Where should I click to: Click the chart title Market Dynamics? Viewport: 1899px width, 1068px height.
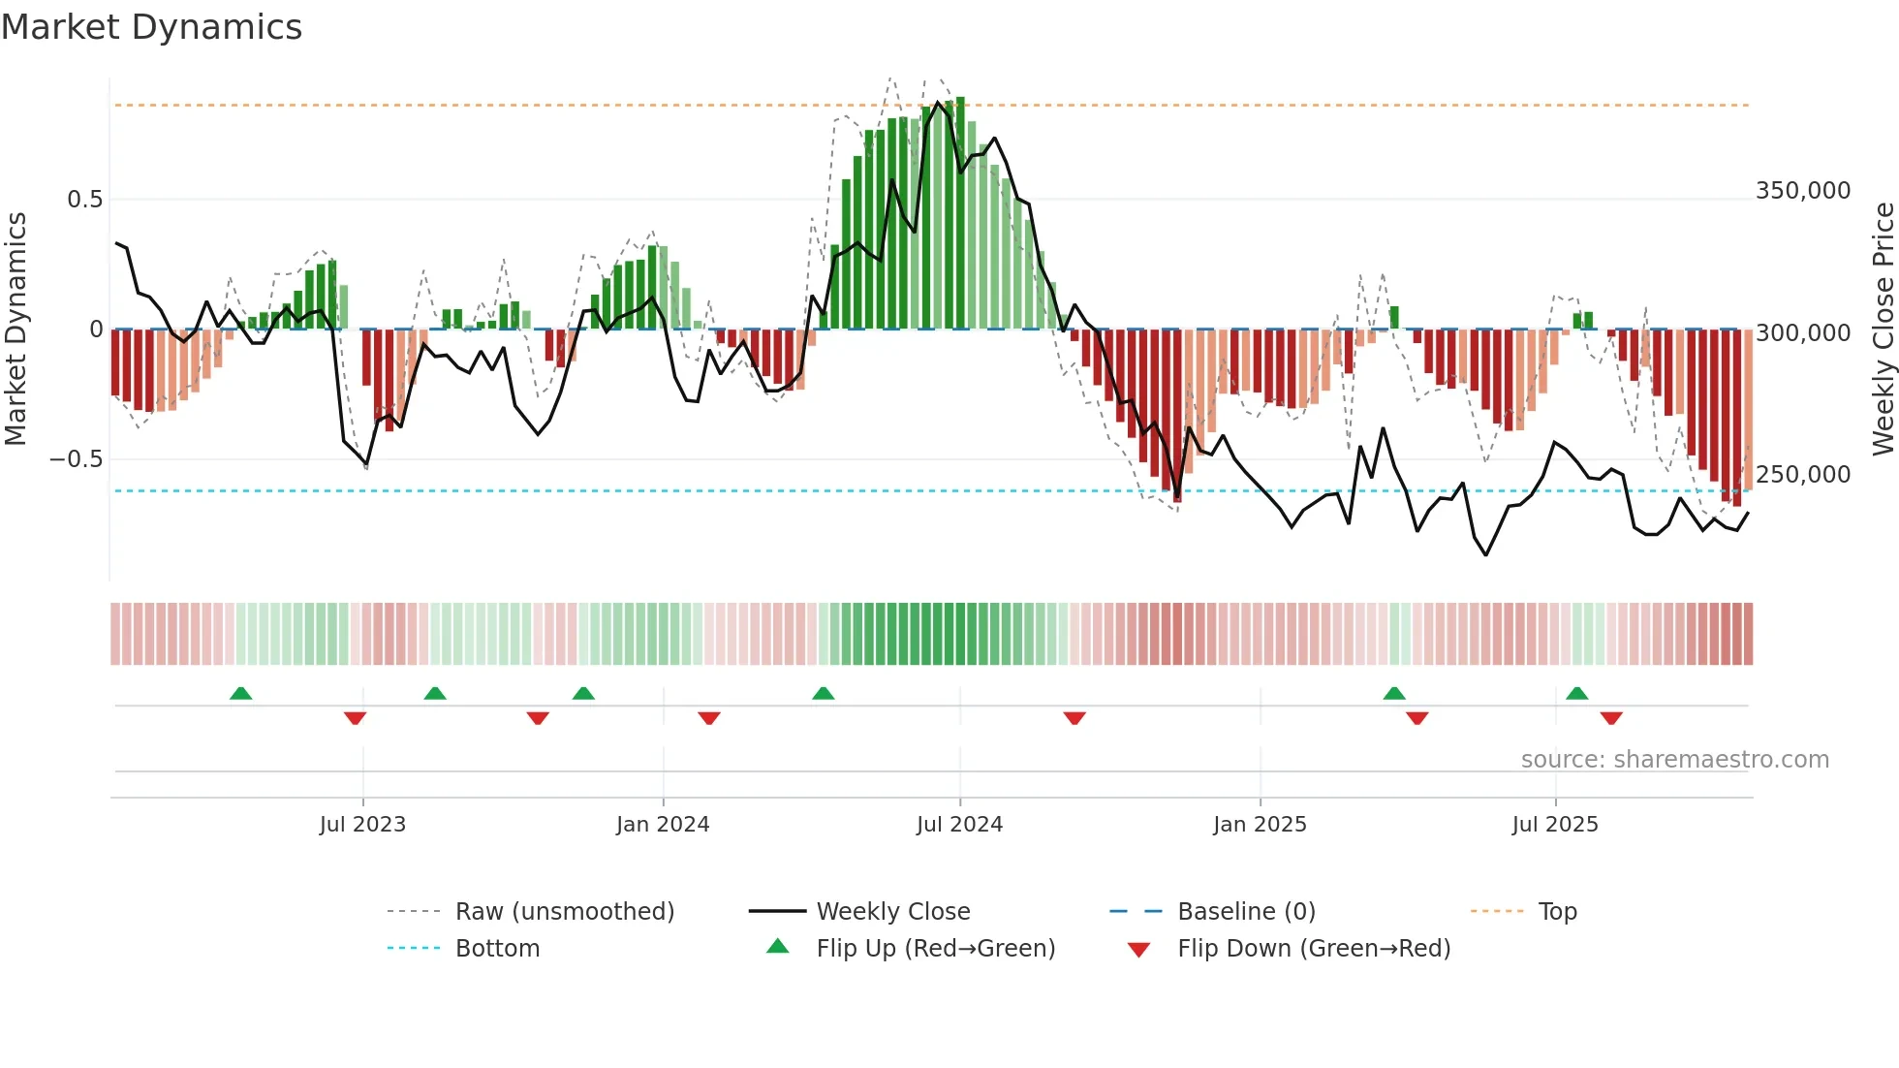[152, 27]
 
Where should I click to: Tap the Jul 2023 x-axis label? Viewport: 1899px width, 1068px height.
[362, 825]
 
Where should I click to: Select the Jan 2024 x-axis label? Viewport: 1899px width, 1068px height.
[663, 825]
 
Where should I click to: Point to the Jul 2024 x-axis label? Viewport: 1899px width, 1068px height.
[959, 825]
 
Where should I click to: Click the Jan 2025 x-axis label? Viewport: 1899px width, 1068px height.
[1260, 825]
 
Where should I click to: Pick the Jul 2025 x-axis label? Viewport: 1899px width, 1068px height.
[1555, 825]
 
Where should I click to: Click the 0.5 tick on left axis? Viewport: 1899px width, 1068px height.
[84, 200]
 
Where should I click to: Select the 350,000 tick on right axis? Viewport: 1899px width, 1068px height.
[1803, 191]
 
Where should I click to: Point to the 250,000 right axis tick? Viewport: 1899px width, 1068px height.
[1803, 475]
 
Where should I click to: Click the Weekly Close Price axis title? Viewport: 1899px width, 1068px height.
[1883, 330]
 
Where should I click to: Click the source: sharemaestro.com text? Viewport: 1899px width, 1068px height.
[1674, 760]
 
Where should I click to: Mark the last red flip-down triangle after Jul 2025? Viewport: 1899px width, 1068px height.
[1611, 718]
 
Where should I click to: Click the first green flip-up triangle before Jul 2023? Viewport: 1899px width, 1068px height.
[240, 693]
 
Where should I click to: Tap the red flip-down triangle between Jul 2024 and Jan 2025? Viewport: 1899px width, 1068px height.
[1074, 718]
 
